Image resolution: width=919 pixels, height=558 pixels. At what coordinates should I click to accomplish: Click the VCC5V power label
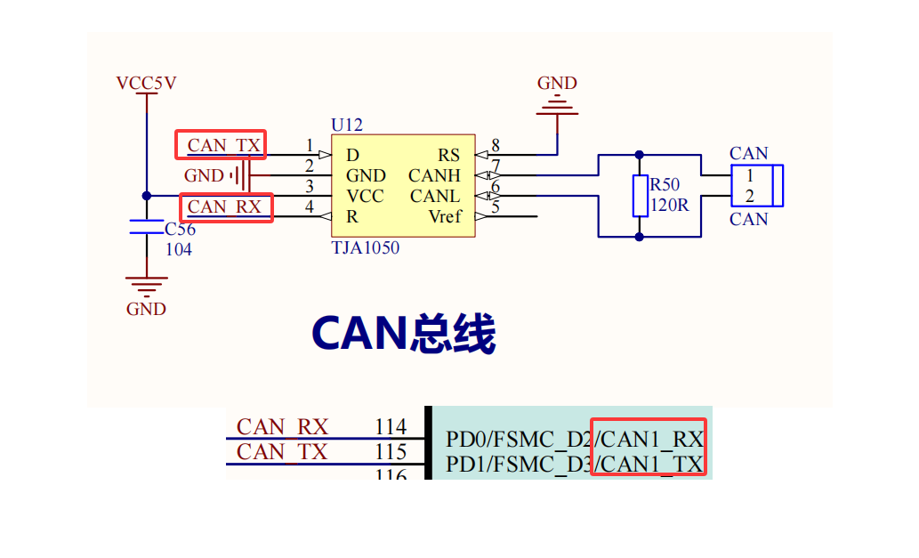146,84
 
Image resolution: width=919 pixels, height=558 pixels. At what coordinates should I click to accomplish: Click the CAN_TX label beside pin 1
224,145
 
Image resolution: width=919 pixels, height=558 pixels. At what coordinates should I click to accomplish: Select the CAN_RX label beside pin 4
225,207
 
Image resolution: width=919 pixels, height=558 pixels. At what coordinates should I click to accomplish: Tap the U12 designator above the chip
347,125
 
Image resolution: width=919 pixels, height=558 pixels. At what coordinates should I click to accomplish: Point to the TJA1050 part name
365,248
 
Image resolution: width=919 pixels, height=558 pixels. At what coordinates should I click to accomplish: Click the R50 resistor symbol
640,196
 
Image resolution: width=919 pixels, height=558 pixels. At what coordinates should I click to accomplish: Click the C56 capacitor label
180,230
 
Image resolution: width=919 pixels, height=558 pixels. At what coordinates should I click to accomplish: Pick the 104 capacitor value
179,250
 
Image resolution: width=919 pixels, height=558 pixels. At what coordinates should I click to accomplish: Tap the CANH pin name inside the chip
434,176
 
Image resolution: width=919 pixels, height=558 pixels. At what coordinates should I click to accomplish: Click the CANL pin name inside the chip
435,196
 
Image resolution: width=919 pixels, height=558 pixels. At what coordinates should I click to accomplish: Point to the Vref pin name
444,216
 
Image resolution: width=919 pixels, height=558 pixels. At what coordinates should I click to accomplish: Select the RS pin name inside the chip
448,156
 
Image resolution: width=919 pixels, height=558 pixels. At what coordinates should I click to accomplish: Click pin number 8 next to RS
496,145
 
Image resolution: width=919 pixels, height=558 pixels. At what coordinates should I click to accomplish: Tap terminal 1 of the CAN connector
750,176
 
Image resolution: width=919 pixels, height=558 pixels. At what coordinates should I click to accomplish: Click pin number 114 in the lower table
391,427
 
